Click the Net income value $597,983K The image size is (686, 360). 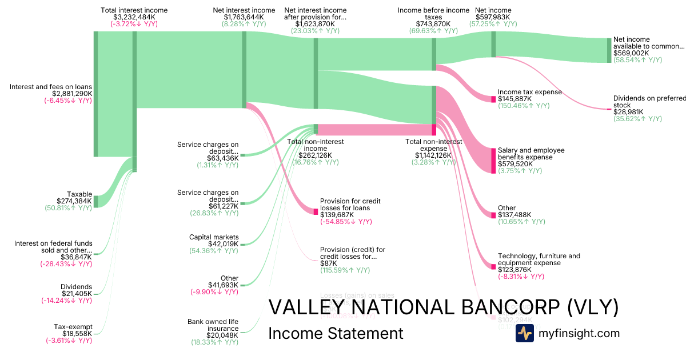click(x=493, y=17)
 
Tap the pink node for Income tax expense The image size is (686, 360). click(x=493, y=99)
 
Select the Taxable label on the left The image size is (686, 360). click(x=79, y=194)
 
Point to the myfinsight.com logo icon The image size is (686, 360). click(x=524, y=333)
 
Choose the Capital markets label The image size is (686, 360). click(x=214, y=237)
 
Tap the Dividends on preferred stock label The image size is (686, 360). click(x=649, y=102)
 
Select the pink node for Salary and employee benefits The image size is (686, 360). click(x=493, y=161)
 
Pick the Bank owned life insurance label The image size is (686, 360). click(x=213, y=325)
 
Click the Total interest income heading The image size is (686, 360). click(x=134, y=10)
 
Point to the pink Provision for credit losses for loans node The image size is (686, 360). click(x=316, y=211)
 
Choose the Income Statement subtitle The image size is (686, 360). click(x=336, y=333)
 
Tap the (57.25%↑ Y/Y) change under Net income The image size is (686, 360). click(x=493, y=24)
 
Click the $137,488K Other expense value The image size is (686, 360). click(x=514, y=215)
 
